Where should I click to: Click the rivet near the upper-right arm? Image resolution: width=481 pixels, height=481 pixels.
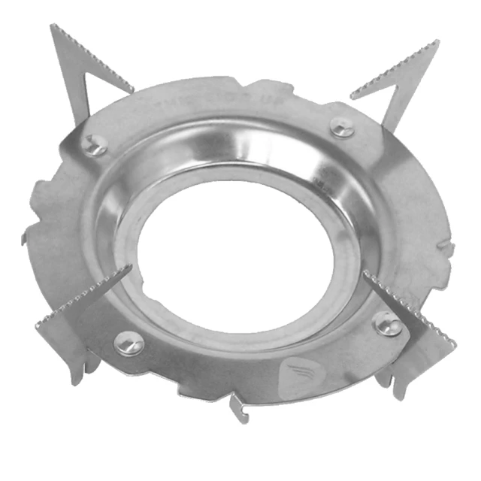point(343,128)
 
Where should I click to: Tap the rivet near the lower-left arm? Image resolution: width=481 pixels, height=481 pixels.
point(129,344)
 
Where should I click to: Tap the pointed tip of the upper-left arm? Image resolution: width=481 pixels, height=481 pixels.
point(53,27)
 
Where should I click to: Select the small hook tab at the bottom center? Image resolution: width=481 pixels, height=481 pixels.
point(238,413)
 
